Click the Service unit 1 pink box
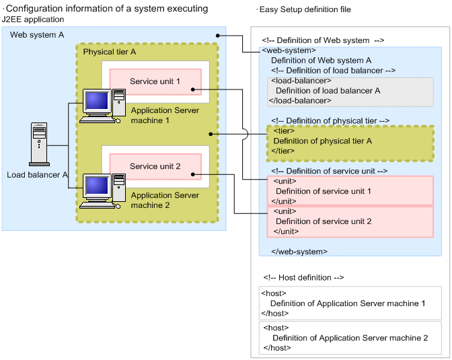click(x=155, y=82)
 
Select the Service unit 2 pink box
click(x=155, y=167)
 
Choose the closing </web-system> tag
click(x=299, y=251)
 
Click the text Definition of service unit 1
click(x=323, y=191)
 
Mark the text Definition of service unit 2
click(x=323, y=221)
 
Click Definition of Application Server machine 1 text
click(x=347, y=303)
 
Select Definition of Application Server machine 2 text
click(x=350, y=338)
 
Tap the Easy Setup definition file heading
click(x=306, y=9)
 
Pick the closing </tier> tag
click(x=283, y=151)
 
